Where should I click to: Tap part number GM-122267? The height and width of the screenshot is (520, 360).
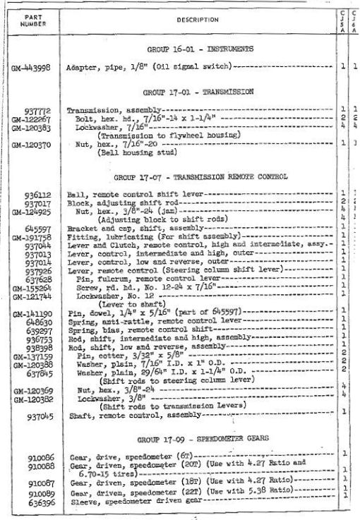[31, 117]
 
